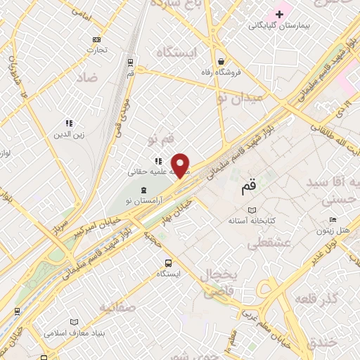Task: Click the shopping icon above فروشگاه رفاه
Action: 221,60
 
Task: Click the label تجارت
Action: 96,49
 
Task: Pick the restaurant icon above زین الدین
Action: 69,123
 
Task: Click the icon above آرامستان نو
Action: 144,190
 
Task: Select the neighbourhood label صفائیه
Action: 117,307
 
